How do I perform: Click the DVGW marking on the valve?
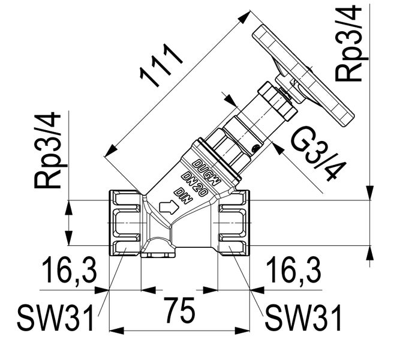click(207, 172)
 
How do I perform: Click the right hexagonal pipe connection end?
click(233, 223)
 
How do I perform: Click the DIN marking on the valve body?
click(182, 195)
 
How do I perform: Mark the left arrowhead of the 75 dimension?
click(113, 330)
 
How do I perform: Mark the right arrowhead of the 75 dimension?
click(245, 330)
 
